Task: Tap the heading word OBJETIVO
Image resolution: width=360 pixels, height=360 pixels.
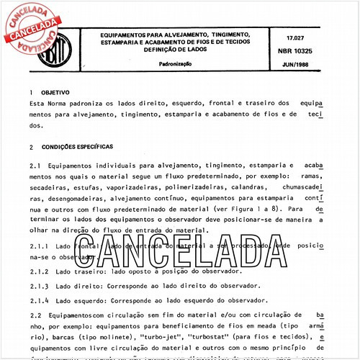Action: pyautogui.click(x=55, y=93)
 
